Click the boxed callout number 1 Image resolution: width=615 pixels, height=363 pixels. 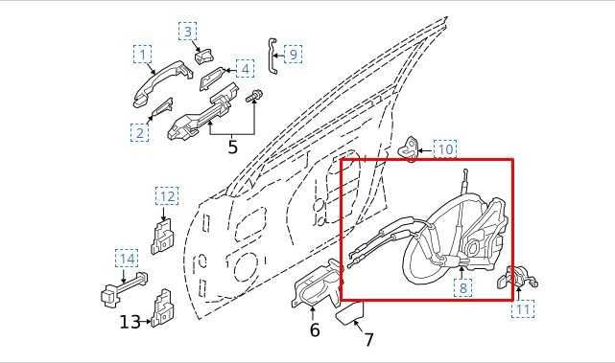tap(143, 55)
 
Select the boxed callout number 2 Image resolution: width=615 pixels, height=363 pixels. tap(140, 133)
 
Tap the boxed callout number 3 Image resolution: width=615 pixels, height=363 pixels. tap(188, 32)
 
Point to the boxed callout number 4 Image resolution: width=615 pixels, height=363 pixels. tap(246, 69)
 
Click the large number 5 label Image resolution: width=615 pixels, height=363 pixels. tap(232, 147)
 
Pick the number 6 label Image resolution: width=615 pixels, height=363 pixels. tap(314, 331)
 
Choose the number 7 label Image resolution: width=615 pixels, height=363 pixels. tap(368, 340)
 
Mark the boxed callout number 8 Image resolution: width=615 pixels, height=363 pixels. tap(463, 286)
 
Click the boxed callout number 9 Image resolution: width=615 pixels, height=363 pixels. tap(293, 55)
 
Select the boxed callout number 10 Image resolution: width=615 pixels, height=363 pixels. tap(445, 149)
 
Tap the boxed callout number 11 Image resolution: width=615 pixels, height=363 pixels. tap(523, 309)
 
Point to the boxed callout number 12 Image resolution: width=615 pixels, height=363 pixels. tap(167, 197)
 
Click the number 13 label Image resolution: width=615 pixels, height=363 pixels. tap(130, 323)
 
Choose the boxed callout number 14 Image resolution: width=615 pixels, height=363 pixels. tap(127, 258)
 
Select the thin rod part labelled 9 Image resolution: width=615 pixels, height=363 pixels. tap(272, 56)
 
